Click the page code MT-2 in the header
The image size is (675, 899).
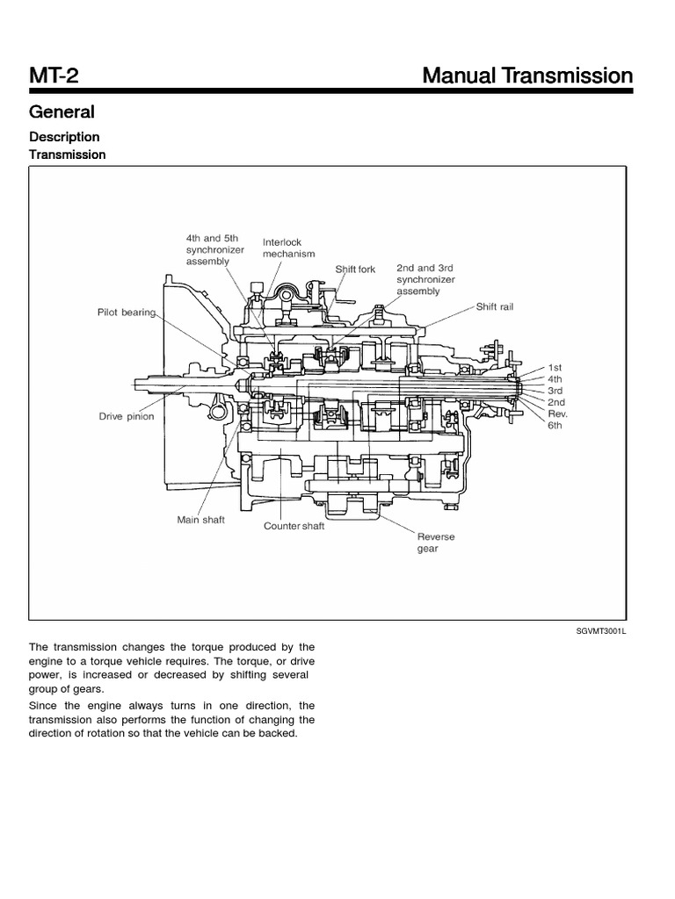coord(54,76)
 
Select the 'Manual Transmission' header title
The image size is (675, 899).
coord(527,76)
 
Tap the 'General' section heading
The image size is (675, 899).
coord(62,112)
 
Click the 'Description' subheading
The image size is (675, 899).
coord(64,137)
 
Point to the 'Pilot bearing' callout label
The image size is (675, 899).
coord(127,312)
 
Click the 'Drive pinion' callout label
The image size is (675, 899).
coord(126,417)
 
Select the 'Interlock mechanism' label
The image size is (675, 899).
coord(288,248)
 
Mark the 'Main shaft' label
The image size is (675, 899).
coord(200,520)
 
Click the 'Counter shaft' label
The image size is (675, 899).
coord(294,527)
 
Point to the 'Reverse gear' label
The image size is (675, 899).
coord(435,542)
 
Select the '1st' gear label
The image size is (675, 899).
coord(555,366)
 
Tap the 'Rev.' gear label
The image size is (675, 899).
coord(557,414)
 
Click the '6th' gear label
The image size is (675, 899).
coord(555,425)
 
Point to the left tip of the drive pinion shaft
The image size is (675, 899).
coord(136,383)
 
